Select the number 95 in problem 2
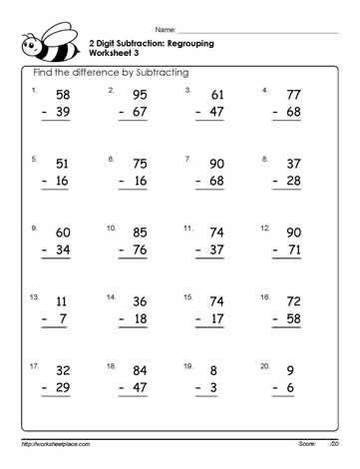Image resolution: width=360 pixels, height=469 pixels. click(x=139, y=95)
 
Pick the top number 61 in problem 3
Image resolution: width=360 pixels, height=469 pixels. click(x=216, y=95)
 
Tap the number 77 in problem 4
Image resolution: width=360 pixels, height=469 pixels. click(x=292, y=95)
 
